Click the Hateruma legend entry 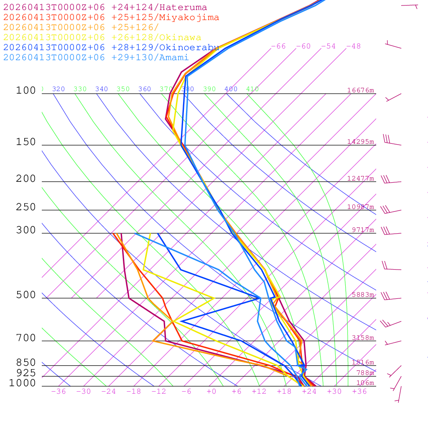(x=105, y=8)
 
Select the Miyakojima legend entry (x=111, y=18)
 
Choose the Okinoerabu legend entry (x=111, y=48)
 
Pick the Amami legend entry (x=96, y=58)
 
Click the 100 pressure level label (x=26, y=90)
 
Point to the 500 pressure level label (x=26, y=295)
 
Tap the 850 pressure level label (x=26, y=362)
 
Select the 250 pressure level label (x=26, y=207)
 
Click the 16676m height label (x=360, y=90)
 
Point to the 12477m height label (x=360, y=178)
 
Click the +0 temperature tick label (x=211, y=392)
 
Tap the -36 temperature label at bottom (x=58, y=392)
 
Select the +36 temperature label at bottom (x=359, y=392)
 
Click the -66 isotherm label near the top (x=278, y=46)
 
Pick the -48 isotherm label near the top (x=353, y=46)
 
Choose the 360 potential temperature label (x=144, y=89)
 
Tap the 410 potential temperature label (x=252, y=89)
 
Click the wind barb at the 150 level (x=392, y=141)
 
